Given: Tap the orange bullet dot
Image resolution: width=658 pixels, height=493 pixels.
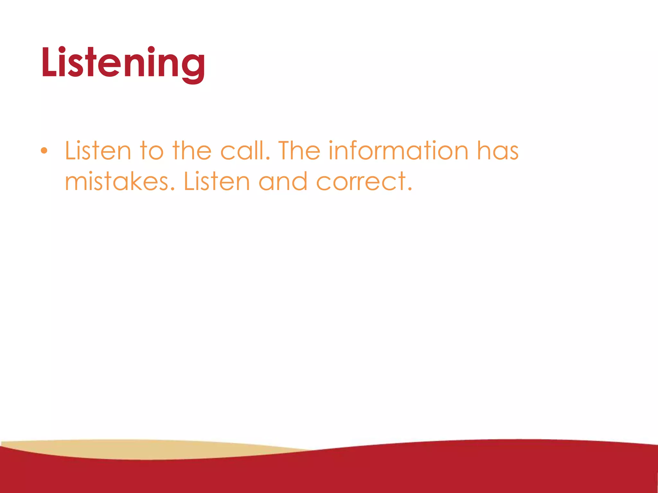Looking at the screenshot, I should point(44,151).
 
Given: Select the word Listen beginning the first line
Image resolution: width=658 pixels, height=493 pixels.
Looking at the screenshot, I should point(98,151).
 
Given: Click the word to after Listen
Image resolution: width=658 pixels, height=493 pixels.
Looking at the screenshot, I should point(152,151).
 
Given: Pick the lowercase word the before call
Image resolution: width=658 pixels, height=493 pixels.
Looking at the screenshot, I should point(192,151).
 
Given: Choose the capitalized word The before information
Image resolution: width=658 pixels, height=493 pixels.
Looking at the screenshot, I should point(299,151).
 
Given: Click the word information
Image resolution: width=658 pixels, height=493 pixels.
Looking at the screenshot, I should point(398,151).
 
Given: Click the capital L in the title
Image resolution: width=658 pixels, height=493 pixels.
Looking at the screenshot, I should point(49,63).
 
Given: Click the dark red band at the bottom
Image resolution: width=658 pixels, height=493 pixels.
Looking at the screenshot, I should point(418,472).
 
